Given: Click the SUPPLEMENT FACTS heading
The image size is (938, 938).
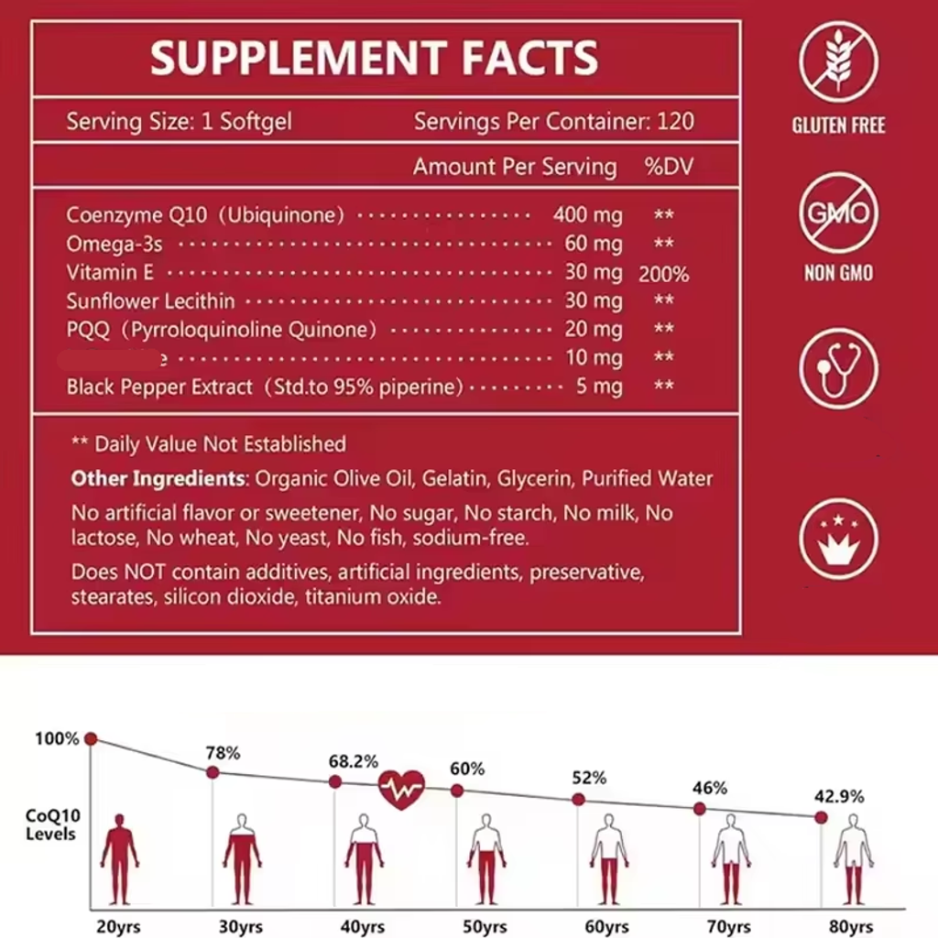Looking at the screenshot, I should [x=374, y=59].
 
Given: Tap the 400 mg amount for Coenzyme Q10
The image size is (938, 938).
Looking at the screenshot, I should [x=587, y=215].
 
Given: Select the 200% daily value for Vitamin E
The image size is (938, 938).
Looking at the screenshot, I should [x=663, y=274].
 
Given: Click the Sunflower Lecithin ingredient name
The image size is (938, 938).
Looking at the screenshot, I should [x=150, y=300].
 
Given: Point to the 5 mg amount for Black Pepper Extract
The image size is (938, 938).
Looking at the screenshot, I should [x=600, y=387].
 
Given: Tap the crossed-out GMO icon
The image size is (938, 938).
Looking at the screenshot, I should [x=837, y=213].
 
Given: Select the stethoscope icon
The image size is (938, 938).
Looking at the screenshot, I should [x=837, y=368].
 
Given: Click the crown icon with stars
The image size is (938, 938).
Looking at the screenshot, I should [x=837, y=538].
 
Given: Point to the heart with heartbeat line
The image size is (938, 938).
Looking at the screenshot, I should [x=401, y=789].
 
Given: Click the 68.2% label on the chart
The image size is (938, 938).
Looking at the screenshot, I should [x=353, y=761].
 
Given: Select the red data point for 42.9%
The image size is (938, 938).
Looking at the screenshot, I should [x=821, y=817].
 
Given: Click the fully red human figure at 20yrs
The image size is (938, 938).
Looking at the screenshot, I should [x=119, y=859].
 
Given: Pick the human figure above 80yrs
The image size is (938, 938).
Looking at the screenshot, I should [x=853, y=859].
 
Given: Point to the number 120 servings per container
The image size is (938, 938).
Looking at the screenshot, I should [x=675, y=121].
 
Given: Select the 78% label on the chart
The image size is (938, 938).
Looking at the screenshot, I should [x=223, y=753].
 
